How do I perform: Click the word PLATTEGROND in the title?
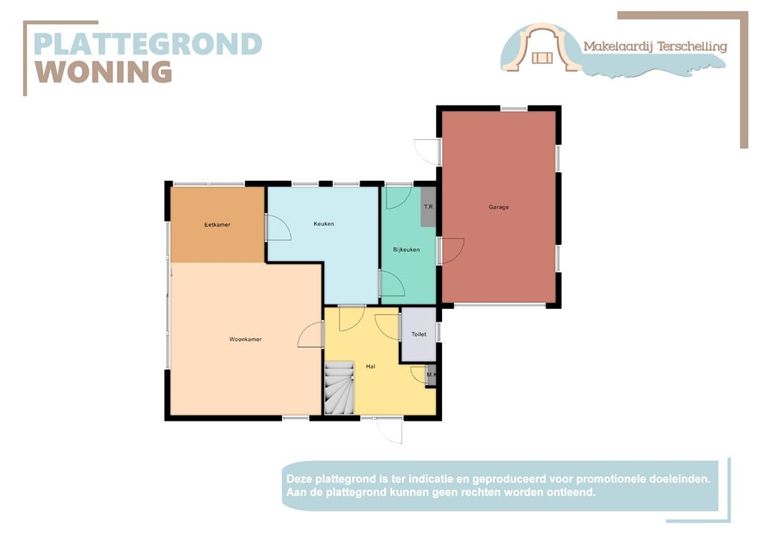(147, 44)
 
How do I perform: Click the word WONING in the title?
(104, 72)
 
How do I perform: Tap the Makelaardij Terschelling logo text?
(654, 46)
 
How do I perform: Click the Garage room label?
(499, 207)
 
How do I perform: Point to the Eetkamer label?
(217, 224)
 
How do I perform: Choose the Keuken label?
(324, 223)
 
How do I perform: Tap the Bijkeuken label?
(406, 249)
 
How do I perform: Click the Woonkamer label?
(245, 339)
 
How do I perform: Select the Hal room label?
(370, 366)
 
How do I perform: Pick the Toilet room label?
(419, 334)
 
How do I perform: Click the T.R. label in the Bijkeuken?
(428, 207)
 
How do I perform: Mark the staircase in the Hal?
(339, 387)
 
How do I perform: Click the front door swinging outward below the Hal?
(389, 430)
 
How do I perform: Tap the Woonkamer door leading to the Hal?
(311, 337)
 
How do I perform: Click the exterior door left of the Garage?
(428, 151)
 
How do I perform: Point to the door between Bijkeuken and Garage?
(452, 250)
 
